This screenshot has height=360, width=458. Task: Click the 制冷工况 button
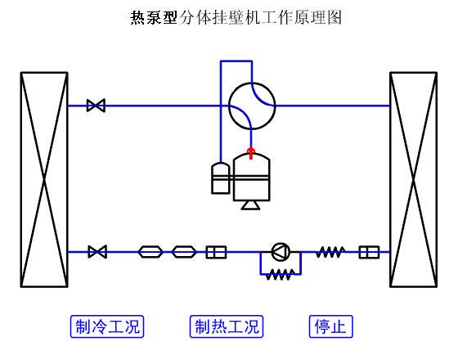(x=107, y=326)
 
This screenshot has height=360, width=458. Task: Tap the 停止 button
(x=331, y=326)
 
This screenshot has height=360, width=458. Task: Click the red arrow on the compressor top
(x=251, y=153)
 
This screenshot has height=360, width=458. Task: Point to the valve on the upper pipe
(x=96, y=106)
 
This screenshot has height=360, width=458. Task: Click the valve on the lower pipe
(x=97, y=252)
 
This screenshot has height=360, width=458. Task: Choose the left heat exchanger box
(x=44, y=180)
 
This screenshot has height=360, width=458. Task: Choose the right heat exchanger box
(x=413, y=180)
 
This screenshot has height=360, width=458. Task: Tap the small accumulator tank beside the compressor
(x=221, y=178)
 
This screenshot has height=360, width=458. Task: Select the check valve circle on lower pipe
(x=281, y=252)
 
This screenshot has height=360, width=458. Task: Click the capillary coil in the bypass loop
(x=281, y=275)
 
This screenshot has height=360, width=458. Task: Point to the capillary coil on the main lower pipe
(x=330, y=252)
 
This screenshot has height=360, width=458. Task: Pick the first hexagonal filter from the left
(x=150, y=252)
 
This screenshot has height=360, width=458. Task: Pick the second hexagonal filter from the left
(x=184, y=252)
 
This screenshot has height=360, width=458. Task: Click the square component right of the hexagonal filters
(x=216, y=252)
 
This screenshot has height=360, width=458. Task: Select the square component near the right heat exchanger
(x=369, y=252)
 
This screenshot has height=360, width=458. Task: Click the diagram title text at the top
(x=236, y=17)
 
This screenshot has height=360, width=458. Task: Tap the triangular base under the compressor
(x=250, y=205)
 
